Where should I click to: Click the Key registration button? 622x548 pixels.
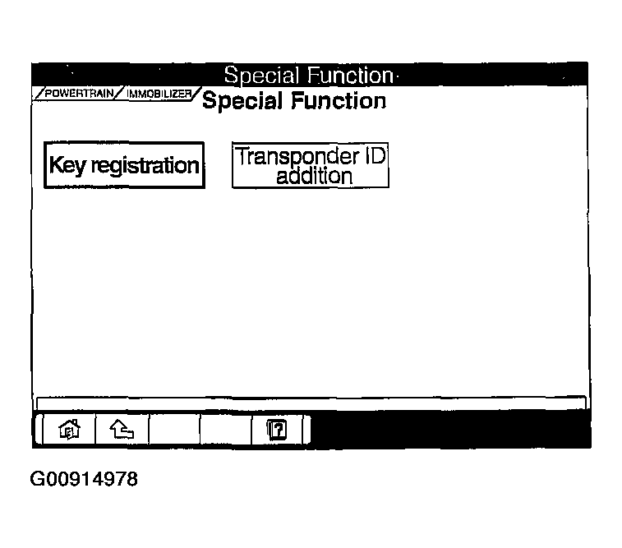point(124,164)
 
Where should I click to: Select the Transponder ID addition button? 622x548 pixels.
point(311,165)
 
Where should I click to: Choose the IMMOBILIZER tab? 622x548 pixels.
point(159,94)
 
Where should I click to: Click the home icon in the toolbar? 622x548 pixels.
point(69,430)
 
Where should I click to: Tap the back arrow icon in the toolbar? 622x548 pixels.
point(122,430)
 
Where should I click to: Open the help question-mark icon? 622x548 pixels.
point(277,430)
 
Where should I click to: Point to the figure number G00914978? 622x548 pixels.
point(84,479)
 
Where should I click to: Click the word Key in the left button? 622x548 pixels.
point(67,165)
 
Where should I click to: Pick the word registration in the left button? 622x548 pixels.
point(145,166)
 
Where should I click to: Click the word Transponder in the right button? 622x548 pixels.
point(297,157)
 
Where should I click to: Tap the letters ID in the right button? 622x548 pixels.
point(375,155)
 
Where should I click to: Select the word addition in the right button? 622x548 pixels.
point(314,176)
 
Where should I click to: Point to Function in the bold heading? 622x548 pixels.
point(339,101)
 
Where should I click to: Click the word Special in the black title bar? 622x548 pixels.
point(261,76)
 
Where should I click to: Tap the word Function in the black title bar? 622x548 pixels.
point(350,75)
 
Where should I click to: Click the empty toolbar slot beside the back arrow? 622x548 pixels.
point(174,430)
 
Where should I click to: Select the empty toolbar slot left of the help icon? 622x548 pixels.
point(226,430)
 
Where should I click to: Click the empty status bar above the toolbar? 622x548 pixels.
point(311,403)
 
